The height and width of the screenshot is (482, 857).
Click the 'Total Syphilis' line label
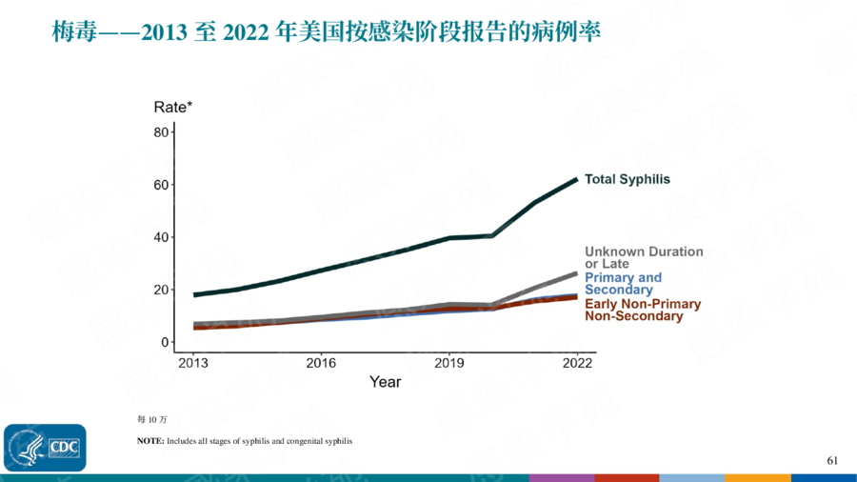pyautogui.click(x=627, y=179)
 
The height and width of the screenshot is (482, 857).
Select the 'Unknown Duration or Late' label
pyautogui.click(x=644, y=257)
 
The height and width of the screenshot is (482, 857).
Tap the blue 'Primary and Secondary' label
pyautogui.click(x=623, y=283)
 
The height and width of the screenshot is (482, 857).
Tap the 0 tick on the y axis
pyautogui.click(x=164, y=342)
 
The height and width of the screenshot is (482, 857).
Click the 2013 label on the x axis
pyautogui.click(x=193, y=363)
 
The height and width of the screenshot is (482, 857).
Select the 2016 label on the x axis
pyautogui.click(x=321, y=363)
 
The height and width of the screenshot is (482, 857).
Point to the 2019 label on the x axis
pyautogui.click(x=448, y=363)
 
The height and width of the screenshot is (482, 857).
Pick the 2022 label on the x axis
pyautogui.click(x=577, y=363)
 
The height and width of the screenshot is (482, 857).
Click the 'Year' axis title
pyautogui.click(x=385, y=382)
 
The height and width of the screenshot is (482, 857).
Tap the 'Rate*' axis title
pyautogui.click(x=173, y=107)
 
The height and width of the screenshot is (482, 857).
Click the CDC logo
pyautogui.click(x=45, y=448)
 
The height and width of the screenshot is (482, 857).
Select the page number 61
pyautogui.click(x=832, y=461)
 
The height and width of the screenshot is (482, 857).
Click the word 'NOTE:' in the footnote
pyautogui.click(x=150, y=441)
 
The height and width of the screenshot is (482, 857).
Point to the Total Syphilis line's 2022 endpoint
pyautogui.click(x=576, y=179)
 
